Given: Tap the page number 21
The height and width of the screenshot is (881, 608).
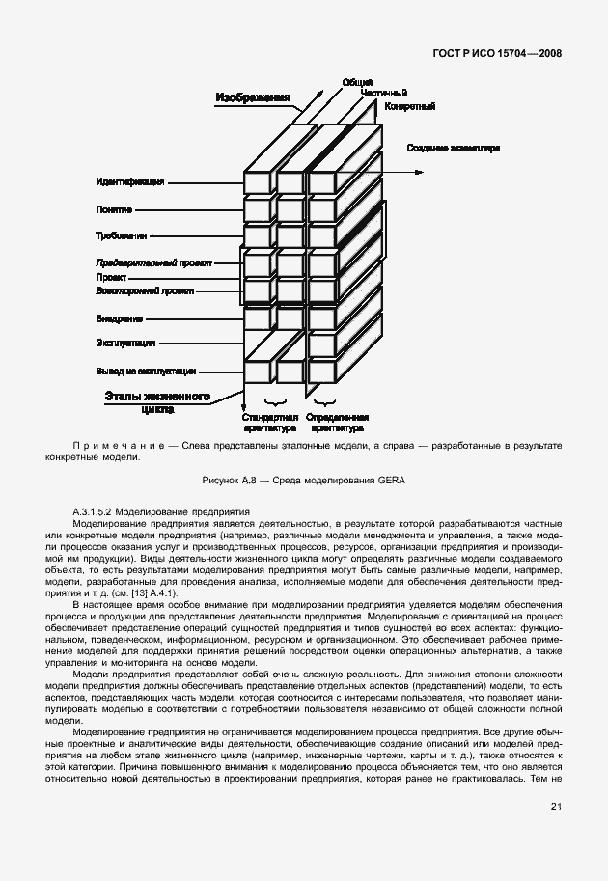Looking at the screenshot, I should [x=556, y=807].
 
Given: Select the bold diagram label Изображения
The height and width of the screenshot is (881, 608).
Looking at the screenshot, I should [x=253, y=98].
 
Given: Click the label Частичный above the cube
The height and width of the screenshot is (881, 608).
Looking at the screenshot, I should [x=383, y=93].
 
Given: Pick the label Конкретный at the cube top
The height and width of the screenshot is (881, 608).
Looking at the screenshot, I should [x=409, y=105].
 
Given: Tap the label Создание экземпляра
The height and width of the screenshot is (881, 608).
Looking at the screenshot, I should [x=453, y=148].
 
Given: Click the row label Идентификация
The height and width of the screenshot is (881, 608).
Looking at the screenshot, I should [x=130, y=181].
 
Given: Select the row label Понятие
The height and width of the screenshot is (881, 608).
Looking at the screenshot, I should [x=114, y=208].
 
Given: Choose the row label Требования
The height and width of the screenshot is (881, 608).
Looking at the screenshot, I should [x=121, y=235].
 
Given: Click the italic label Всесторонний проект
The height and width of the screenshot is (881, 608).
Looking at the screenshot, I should [x=144, y=290].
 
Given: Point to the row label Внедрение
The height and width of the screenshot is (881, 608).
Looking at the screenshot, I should [x=119, y=317].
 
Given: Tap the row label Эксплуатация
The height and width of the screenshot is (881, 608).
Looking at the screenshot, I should [x=125, y=343].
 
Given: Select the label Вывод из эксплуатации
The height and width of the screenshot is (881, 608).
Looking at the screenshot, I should [x=146, y=371].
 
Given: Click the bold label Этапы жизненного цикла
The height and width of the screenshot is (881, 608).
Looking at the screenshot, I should [x=157, y=401].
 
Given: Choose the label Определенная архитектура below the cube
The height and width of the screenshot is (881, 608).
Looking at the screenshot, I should [x=335, y=422].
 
